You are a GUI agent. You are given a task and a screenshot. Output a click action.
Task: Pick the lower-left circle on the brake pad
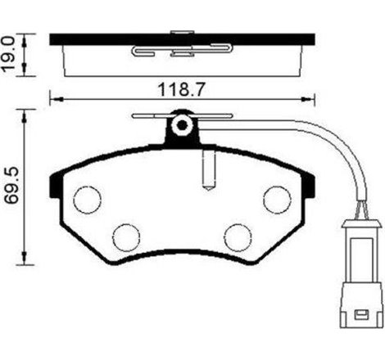click(126, 236)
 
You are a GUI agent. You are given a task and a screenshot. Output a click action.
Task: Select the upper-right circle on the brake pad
click(276, 198)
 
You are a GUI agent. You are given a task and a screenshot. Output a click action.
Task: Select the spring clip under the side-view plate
click(181, 52)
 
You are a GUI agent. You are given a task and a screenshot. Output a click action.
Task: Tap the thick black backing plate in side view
click(182, 38)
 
